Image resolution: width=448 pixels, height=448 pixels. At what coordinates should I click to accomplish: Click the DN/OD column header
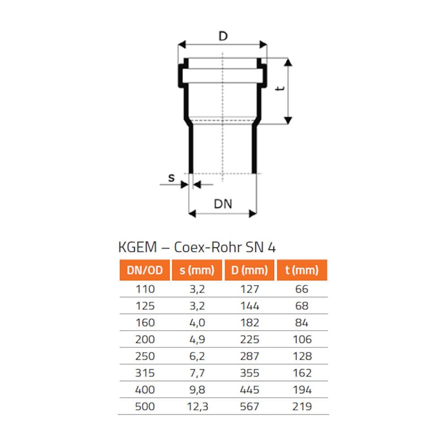point(144,270)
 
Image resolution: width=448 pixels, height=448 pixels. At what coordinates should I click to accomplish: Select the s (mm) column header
point(197,270)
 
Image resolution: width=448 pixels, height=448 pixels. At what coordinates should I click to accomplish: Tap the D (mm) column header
point(250,270)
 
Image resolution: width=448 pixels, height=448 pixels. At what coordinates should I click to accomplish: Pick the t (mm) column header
point(302,270)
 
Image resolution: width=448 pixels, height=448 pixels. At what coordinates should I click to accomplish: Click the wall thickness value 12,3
point(197,407)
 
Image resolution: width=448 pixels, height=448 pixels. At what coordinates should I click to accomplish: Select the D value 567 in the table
point(250,407)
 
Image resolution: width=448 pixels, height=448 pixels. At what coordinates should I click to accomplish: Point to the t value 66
point(302,289)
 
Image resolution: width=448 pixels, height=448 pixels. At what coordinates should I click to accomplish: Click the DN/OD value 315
point(145,373)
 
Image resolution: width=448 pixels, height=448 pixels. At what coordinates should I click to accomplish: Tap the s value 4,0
point(197,323)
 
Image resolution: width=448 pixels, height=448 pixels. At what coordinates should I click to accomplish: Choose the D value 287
point(250,357)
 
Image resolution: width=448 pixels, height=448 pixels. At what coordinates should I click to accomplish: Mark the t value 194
point(302,390)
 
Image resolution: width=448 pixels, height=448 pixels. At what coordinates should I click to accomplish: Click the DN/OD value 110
point(145,289)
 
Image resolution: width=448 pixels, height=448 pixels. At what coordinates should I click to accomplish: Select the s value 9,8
point(197,390)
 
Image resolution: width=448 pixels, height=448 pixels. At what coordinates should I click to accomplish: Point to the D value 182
point(250,323)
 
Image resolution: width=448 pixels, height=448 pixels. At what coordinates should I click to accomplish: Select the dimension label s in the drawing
point(171,178)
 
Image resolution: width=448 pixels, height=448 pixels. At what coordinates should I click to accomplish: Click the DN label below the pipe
point(223,204)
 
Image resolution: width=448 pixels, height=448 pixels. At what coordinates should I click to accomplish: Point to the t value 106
point(302,340)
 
